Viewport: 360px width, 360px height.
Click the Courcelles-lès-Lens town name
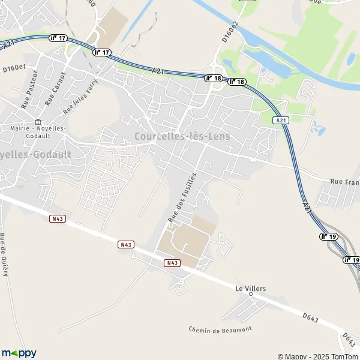click(x=182, y=136)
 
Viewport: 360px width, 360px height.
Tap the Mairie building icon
click(x=38, y=122)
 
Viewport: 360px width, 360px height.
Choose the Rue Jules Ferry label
click(x=80, y=95)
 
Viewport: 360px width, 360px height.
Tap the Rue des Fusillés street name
click(x=182, y=195)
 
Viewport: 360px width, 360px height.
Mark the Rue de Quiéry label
click(x=4, y=254)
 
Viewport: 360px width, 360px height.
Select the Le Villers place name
click(x=250, y=289)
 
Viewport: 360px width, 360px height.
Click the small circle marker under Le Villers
click(x=251, y=295)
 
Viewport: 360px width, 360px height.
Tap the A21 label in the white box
click(x=280, y=121)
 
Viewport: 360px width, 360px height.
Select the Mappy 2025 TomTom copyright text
click(x=317, y=356)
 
